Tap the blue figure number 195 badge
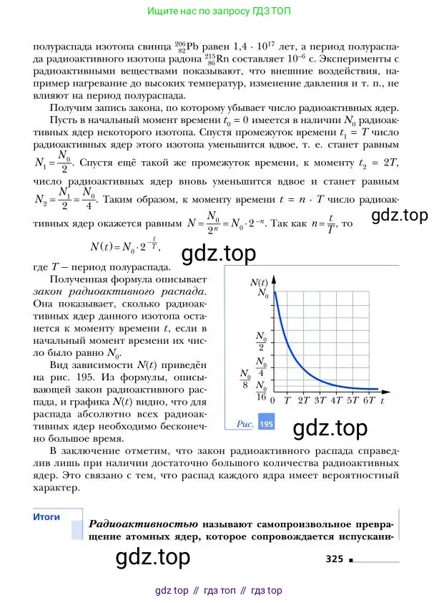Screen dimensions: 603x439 (x=266, y=424)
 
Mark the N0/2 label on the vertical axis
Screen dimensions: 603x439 (x=262, y=338)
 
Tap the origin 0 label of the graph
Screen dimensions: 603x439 (x=273, y=401)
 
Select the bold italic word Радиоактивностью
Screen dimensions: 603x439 (x=142, y=524)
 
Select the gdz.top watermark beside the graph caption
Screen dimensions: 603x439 (x=330, y=428)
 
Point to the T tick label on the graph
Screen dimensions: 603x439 (x=287, y=401)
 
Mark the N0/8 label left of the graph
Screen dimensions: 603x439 (x=245, y=377)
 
